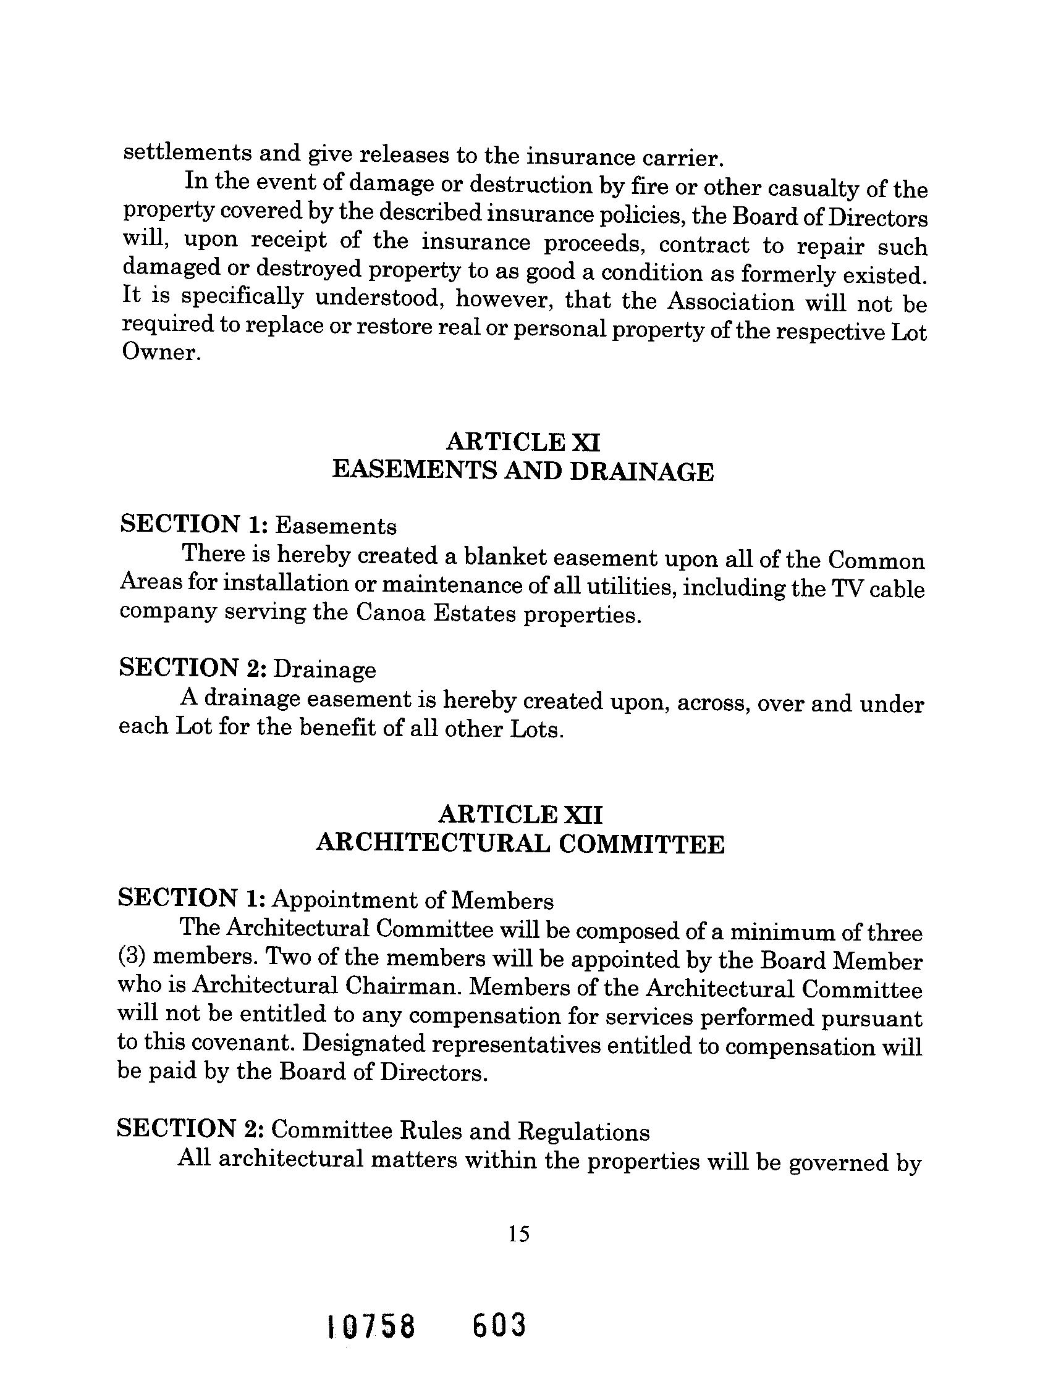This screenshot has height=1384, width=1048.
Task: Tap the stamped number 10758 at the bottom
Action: [x=372, y=1325]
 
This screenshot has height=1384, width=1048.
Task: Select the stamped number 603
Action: [x=499, y=1325]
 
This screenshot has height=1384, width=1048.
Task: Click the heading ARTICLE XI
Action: [x=523, y=442]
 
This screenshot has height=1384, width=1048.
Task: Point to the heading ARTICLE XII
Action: [x=520, y=815]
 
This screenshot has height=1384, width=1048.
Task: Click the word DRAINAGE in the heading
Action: [x=641, y=472]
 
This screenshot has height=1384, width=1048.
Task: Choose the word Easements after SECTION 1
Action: [x=336, y=527]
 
